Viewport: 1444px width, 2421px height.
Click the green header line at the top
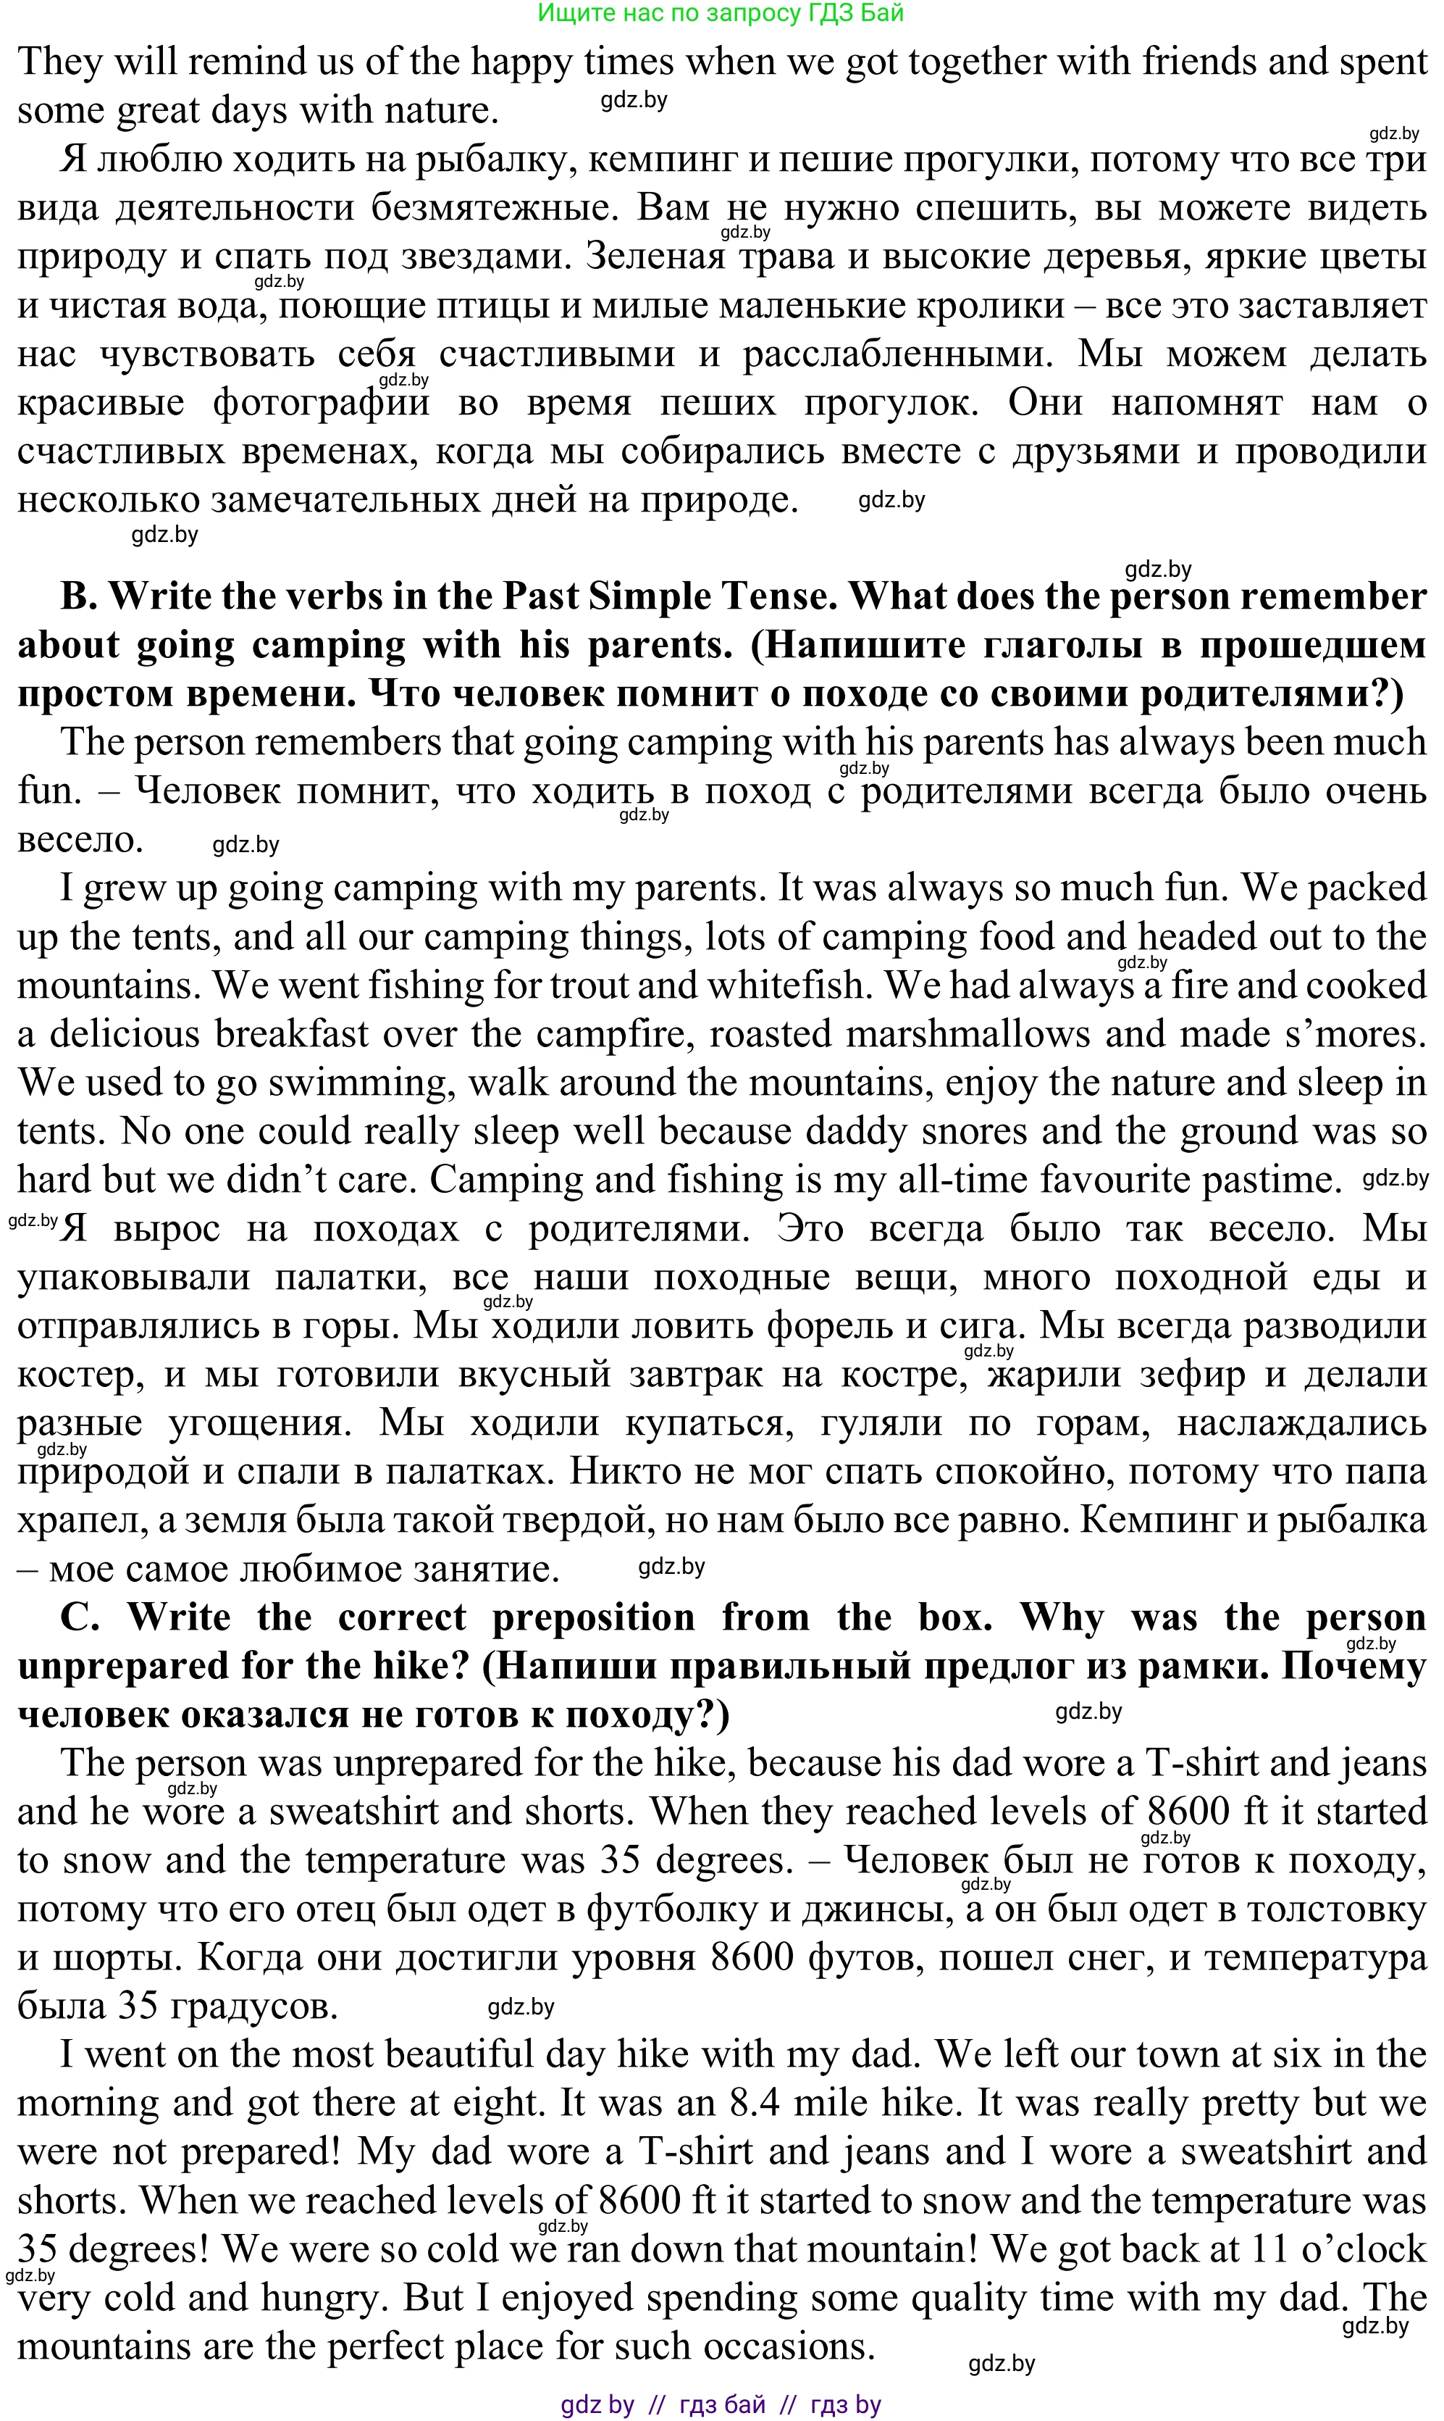point(721,12)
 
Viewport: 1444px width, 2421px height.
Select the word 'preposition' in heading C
point(594,1618)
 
